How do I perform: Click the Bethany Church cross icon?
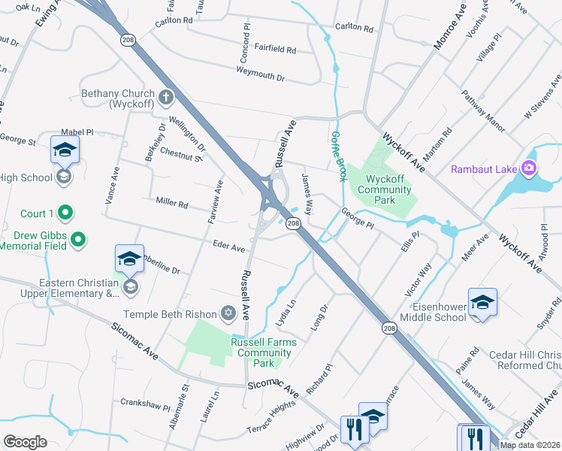(165, 98)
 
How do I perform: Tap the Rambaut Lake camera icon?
(530, 168)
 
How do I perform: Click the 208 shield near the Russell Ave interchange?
(294, 223)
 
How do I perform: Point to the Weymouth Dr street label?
(261, 75)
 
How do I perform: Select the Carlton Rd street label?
(355, 28)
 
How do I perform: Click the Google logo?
(25, 442)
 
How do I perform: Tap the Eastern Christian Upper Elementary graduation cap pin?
(129, 260)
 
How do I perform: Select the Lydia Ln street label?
(286, 313)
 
